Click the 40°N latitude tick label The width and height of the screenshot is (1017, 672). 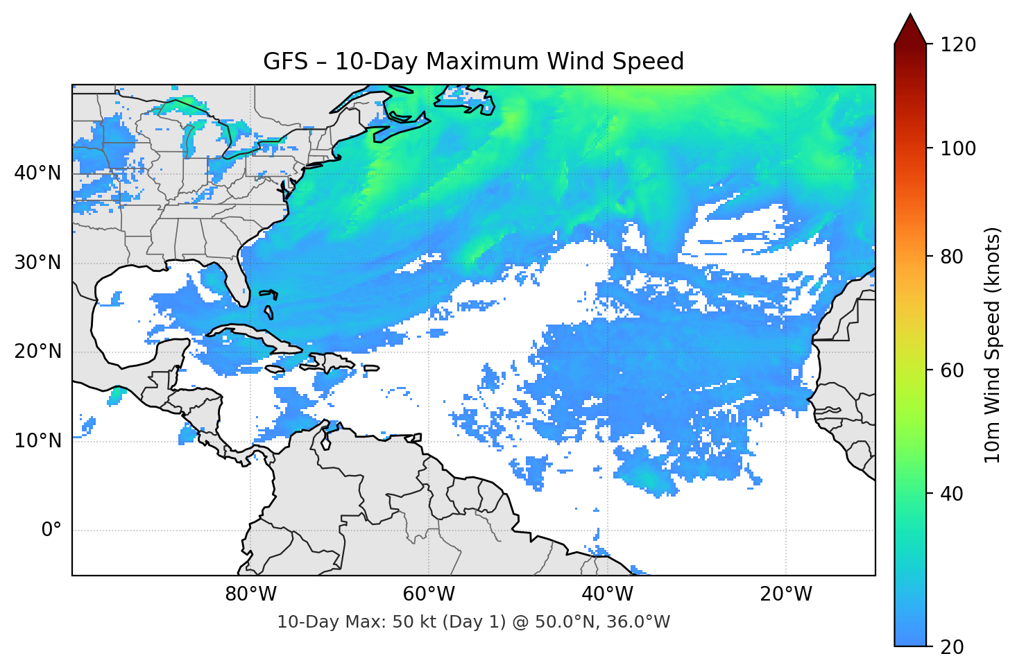point(37,173)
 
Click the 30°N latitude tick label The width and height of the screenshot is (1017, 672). point(37,263)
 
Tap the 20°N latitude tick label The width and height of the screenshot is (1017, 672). point(37,352)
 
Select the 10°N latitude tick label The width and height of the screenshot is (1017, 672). point(37,441)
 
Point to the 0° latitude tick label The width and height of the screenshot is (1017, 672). point(51,531)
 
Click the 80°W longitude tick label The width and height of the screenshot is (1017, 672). point(250,594)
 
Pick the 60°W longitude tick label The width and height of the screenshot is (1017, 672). point(429,594)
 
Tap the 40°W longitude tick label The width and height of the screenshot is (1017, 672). point(607,594)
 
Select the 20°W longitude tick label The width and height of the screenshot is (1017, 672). point(785,594)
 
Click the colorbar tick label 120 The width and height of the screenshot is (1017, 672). point(958,45)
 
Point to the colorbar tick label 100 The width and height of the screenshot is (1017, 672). point(958,148)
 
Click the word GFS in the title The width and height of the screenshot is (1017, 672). point(285,62)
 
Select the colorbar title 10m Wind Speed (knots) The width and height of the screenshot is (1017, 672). point(993,345)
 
